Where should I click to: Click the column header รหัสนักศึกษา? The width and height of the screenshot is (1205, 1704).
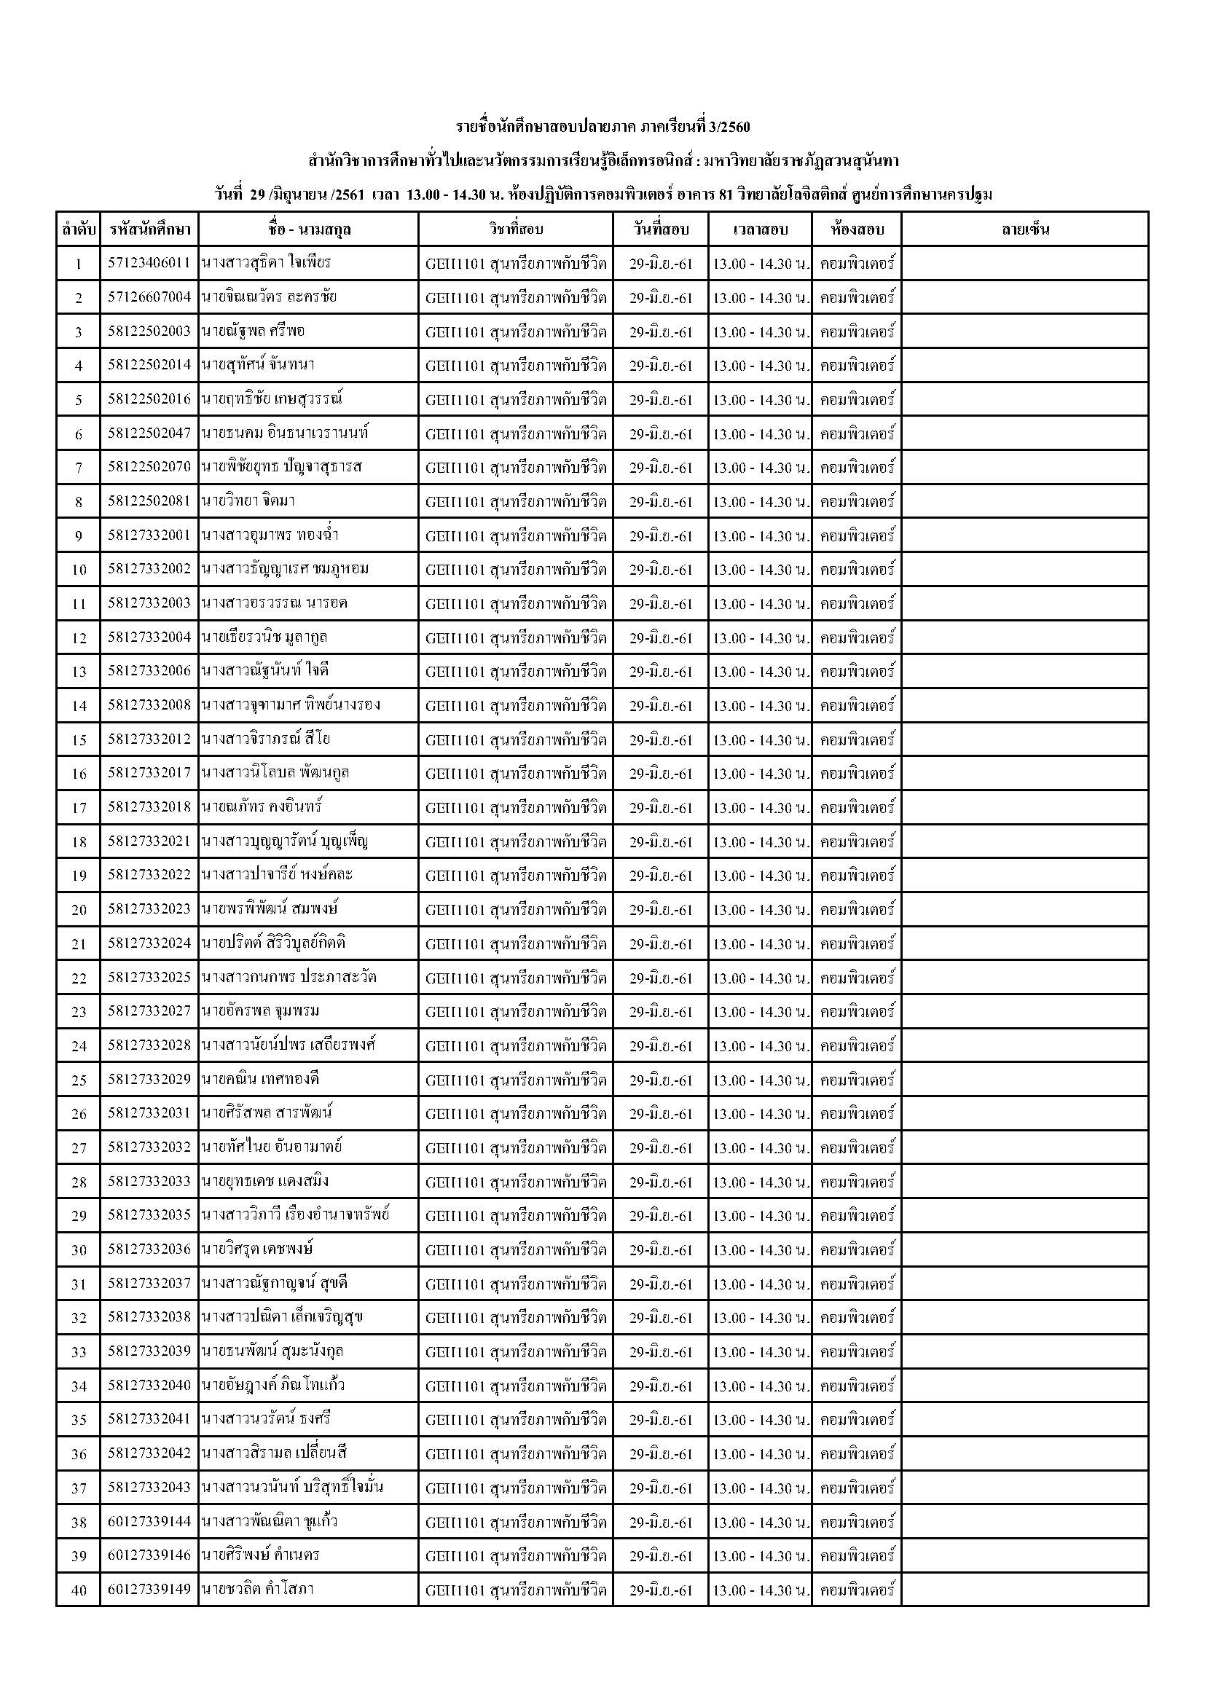coord(149,229)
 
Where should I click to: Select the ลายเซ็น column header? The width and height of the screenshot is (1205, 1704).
coord(1025,229)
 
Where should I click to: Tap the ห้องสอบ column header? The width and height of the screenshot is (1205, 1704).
coord(857,229)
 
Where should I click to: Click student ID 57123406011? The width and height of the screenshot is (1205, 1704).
coord(149,263)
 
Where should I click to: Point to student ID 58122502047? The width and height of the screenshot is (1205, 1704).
coord(149,433)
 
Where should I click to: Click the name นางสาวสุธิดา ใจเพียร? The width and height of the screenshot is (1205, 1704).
coord(266,263)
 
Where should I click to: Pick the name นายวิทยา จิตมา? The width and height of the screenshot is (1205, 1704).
coord(248,501)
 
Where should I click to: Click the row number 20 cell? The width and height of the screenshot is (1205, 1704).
coord(79,910)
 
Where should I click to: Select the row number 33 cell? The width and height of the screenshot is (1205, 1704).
coord(79,1352)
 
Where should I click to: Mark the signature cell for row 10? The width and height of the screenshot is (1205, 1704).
coord(1025,569)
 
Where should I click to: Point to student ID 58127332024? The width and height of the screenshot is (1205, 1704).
coord(149,943)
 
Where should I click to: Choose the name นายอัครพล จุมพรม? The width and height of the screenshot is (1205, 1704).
coord(259,1011)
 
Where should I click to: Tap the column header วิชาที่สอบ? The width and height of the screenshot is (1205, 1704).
coord(516,229)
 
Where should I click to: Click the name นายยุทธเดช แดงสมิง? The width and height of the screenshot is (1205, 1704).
coord(265,1181)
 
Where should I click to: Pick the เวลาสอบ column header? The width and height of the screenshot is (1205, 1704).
coord(760,229)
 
